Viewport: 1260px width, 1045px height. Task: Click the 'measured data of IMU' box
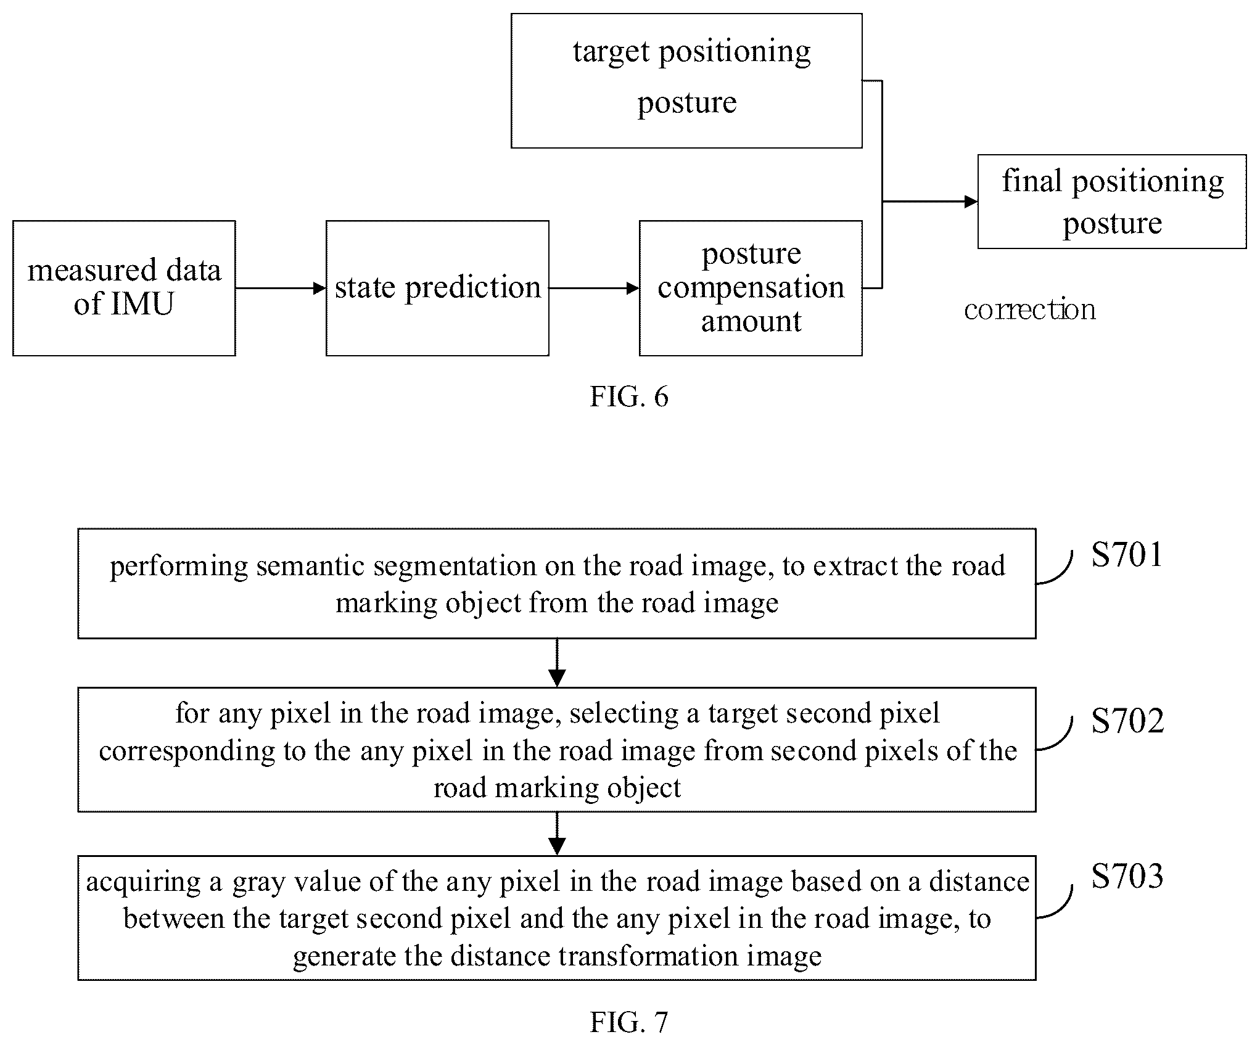point(124,288)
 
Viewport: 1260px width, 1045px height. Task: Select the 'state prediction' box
point(437,288)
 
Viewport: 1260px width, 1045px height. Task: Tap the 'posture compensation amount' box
point(751,288)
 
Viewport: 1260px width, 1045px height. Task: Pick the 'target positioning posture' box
point(686,81)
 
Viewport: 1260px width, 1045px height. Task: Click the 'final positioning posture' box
point(1112,202)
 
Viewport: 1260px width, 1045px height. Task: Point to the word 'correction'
point(1030,309)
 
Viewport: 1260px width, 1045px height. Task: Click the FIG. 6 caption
point(629,396)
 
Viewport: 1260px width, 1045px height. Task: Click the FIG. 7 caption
point(629,1022)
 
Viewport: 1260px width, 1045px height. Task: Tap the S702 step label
point(1127,720)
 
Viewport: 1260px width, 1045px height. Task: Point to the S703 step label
point(1127,875)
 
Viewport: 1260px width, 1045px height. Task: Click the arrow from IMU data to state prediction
point(281,288)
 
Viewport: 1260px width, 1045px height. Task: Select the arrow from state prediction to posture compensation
point(594,288)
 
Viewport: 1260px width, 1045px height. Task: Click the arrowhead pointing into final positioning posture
point(971,202)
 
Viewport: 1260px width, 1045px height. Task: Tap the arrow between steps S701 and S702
point(557,663)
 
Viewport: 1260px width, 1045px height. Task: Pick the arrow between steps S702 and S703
point(557,834)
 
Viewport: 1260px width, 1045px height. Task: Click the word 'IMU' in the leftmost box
point(142,304)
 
